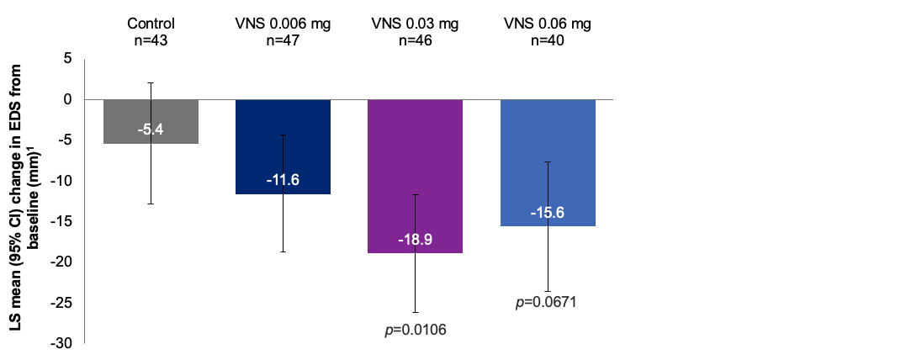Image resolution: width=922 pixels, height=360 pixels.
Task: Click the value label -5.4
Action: click(151, 130)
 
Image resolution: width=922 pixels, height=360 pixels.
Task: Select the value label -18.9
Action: click(415, 240)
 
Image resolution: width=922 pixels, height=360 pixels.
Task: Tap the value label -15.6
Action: click(548, 213)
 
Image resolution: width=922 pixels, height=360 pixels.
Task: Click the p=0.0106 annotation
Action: click(415, 329)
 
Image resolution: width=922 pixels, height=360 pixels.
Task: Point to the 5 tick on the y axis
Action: click(67, 59)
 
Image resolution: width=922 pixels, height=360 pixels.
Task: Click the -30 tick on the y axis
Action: click(62, 344)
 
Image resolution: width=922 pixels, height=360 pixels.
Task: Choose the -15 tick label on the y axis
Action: click(62, 222)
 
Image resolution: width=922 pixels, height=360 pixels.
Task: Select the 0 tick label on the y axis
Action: click(67, 99)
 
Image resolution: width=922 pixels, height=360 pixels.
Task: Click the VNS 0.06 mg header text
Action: click(548, 24)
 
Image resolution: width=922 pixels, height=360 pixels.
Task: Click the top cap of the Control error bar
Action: click(151, 82)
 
